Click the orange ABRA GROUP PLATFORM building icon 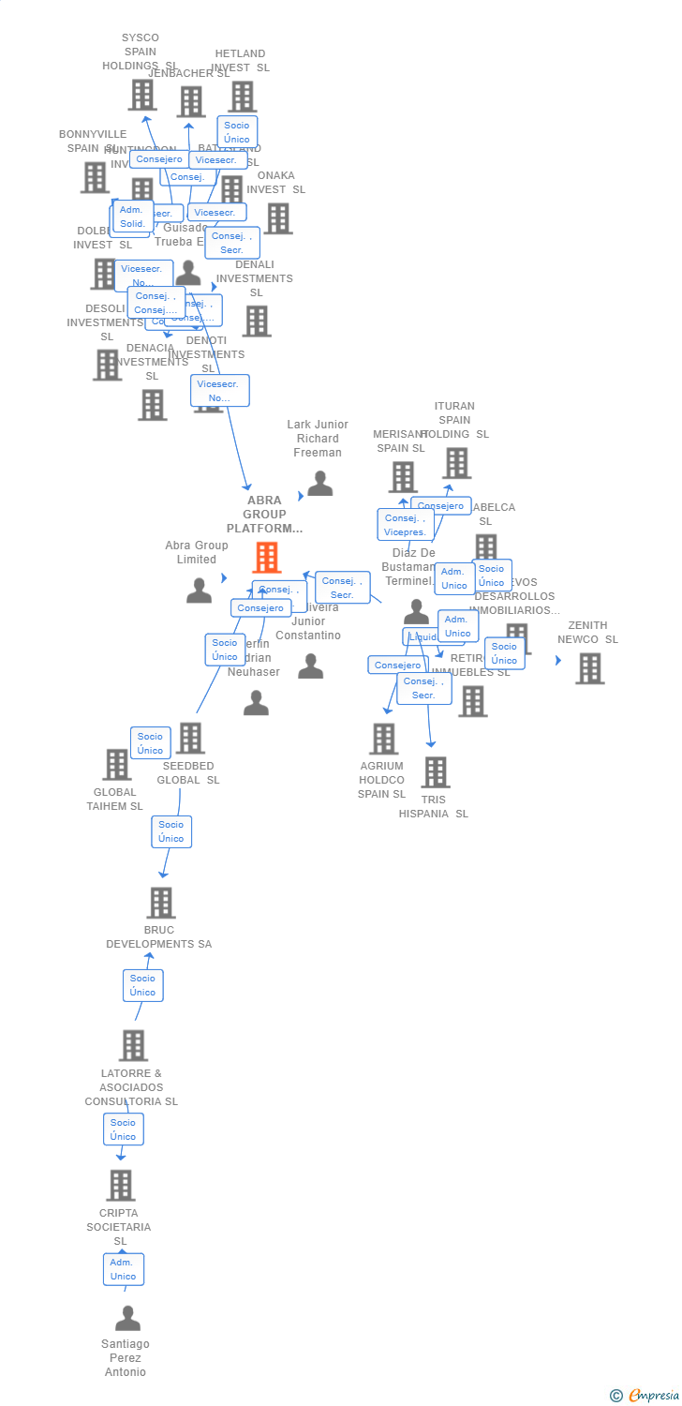point(267,558)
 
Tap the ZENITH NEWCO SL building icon point(589,668)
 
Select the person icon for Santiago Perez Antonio point(127,1319)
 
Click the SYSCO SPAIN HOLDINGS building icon point(142,95)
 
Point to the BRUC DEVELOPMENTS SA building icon point(161,903)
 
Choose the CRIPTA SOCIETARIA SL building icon point(120,1185)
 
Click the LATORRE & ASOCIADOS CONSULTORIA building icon point(133,1045)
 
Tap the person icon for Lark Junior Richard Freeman point(320,484)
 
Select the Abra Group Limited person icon point(199,591)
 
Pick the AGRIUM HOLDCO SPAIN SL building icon point(383,739)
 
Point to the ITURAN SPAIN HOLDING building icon point(456,463)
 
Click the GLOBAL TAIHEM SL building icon point(117,764)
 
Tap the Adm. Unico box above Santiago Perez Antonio point(124,1269)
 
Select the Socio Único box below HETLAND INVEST point(237,132)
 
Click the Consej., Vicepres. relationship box point(406,525)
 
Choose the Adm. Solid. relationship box point(132,217)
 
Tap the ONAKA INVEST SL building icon point(277,218)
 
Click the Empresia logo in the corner point(645,1396)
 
